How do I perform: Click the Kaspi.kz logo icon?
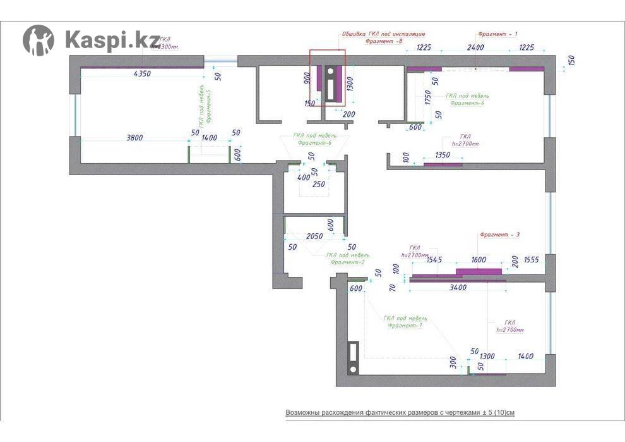pos(39,40)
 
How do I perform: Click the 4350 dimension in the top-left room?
pos(143,74)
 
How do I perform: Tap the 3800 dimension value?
pos(135,137)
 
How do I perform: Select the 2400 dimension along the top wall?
pos(475,47)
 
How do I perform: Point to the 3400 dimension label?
pos(457,288)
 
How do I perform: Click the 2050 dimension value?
pos(314,236)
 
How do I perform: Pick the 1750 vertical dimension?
pos(428,99)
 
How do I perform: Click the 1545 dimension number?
pos(434,259)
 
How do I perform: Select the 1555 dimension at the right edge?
pos(531,259)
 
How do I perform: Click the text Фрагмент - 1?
pos(497,34)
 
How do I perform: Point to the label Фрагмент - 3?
pos(499,235)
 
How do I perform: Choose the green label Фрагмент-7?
pos(405,326)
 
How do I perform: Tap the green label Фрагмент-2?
pos(347,262)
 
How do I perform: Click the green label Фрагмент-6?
pos(314,143)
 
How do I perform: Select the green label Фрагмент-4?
pos(467,103)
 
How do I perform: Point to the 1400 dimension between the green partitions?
pos(209,137)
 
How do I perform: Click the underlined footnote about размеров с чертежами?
pos(400,412)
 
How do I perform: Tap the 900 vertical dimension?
pos(307,78)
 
